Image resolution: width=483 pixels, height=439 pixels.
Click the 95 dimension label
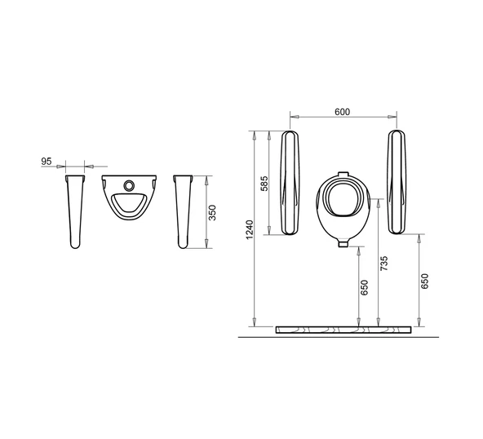click(x=47, y=161)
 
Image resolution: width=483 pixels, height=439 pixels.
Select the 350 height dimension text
click(x=212, y=212)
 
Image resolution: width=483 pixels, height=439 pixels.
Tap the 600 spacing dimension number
click(x=342, y=112)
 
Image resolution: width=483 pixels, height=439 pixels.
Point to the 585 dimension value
click(x=264, y=184)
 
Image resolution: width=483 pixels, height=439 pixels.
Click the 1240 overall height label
click(x=250, y=229)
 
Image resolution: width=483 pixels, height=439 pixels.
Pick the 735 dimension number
click(x=383, y=263)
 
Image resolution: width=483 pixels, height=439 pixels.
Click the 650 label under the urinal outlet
click(x=365, y=287)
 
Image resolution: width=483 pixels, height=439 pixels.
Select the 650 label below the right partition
click(x=424, y=281)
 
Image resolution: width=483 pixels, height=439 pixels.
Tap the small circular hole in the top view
click(x=129, y=185)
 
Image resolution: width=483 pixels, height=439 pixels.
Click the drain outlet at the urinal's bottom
click(x=343, y=244)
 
